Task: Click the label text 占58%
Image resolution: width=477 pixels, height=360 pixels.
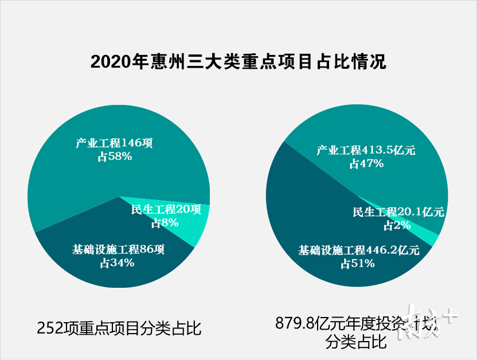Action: click(115, 155)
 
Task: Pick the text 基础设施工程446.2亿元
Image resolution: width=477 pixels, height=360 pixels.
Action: click(359, 250)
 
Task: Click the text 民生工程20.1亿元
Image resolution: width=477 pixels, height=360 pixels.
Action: click(398, 212)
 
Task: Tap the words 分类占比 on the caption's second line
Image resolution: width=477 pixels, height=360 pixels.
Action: click(355, 343)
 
